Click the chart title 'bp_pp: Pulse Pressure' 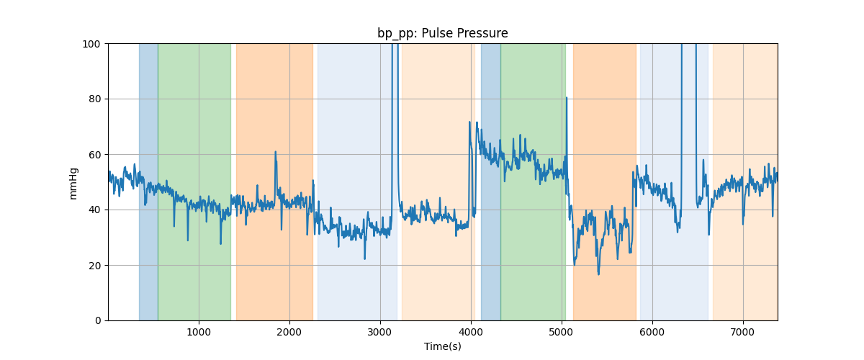[442, 33]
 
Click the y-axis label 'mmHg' [73, 182]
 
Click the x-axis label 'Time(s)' [442, 346]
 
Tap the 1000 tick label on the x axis [199, 332]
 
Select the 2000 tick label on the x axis [289, 332]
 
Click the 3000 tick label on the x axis [380, 332]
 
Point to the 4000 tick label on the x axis [471, 332]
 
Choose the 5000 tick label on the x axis [562, 332]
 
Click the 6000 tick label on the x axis [652, 332]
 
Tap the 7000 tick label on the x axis [743, 332]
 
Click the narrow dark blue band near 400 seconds [148, 180]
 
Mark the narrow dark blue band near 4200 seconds [490, 180]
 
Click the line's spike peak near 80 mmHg [567, 98]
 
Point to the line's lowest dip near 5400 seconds [598, 274]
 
